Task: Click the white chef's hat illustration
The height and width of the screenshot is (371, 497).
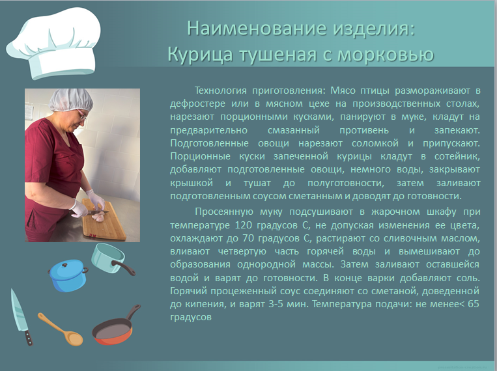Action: click(x=54, y=43)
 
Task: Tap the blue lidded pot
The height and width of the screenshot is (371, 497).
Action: click(x=68, y=275)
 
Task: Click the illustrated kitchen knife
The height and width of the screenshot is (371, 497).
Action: click(x=21, y=316)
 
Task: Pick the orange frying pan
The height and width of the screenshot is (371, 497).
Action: click(x=116, y=326)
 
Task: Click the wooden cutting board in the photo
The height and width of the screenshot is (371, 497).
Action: click(x=104, y=219)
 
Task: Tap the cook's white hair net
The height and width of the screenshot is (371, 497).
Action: click(x=71, y=100)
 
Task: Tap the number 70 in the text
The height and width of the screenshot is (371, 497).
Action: click(x=249, y=238)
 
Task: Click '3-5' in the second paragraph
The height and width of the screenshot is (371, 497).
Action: click(x=276, y=304)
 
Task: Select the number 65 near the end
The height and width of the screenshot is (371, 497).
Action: click(x=474, y=304)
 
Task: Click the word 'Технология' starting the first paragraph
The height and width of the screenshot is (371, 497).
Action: click(x=220, y=90)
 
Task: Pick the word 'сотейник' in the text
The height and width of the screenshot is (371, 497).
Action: click(x=457, y=156)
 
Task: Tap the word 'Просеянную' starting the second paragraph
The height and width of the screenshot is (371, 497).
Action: click(x=224, y=212)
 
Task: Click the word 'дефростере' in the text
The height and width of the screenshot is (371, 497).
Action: click(x=197, y=104)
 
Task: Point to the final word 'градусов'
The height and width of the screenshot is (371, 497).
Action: click(x=190, y=318)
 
